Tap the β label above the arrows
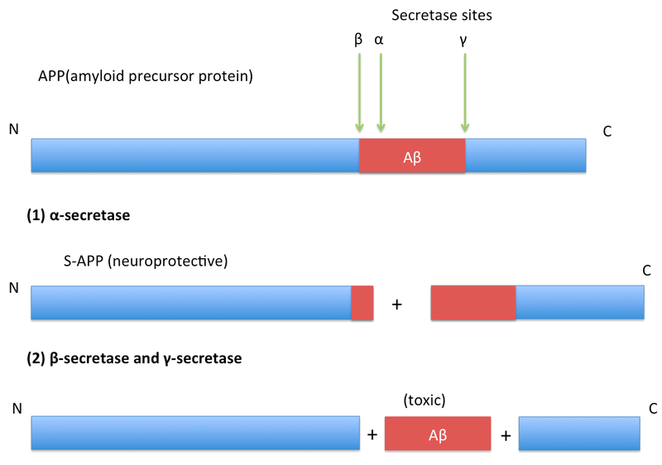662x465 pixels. [358, 38]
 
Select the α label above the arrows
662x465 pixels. [380, 38]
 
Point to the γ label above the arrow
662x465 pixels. [465, 38]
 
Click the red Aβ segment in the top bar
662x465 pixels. [412, 156]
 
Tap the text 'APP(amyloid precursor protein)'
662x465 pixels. [145, 77]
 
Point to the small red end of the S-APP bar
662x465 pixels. [362, 303]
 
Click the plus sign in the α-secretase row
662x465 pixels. [396, 304]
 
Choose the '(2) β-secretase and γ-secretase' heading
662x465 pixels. [135, 358]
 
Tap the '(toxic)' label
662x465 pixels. [425, 400]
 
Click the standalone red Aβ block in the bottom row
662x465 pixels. [438, 434]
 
